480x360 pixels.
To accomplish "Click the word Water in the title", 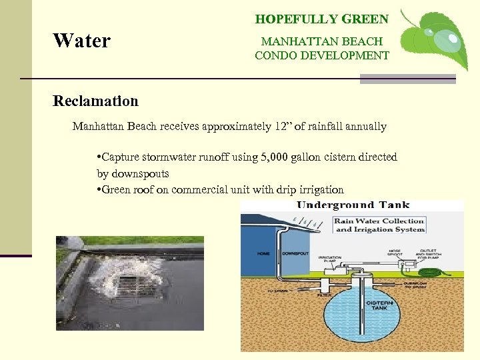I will point(81,41).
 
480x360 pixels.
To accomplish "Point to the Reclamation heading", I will point(95,101).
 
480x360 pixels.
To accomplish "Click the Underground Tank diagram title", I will point(353,205).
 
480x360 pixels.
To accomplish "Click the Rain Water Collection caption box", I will point(379,225).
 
